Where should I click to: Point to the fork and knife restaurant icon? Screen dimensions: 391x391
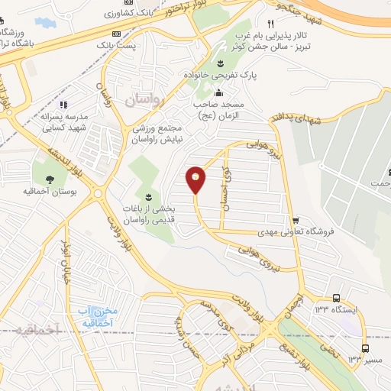[x=270, y=24]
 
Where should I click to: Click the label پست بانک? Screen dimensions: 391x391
[x=116, y=46]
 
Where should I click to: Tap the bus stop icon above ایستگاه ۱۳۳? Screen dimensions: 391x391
[x=336, y=297]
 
